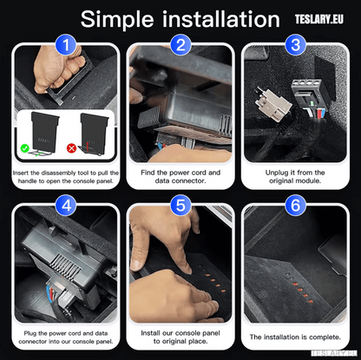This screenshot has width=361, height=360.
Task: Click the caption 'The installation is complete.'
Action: pos(296,337)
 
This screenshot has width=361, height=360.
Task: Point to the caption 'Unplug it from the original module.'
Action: pos(296,178)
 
